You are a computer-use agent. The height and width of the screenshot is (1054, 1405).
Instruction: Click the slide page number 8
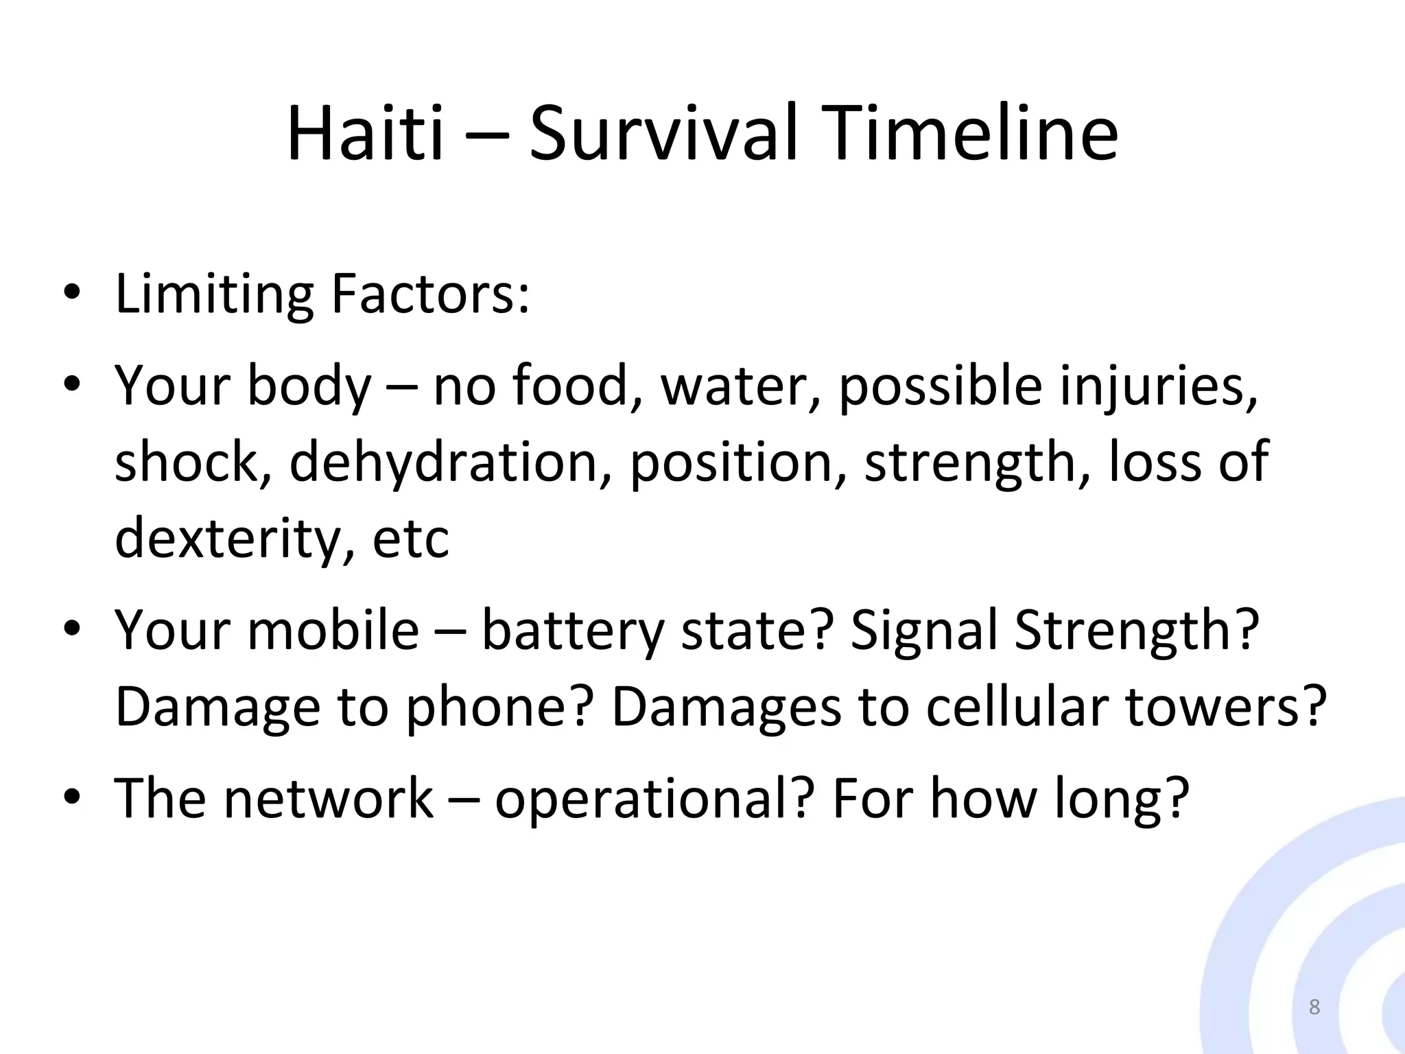(x=1314, y=1007)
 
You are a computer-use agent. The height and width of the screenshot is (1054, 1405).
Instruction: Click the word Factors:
(x=430, y=295)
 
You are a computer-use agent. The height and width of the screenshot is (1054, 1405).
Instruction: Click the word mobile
(x=333, y=630)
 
